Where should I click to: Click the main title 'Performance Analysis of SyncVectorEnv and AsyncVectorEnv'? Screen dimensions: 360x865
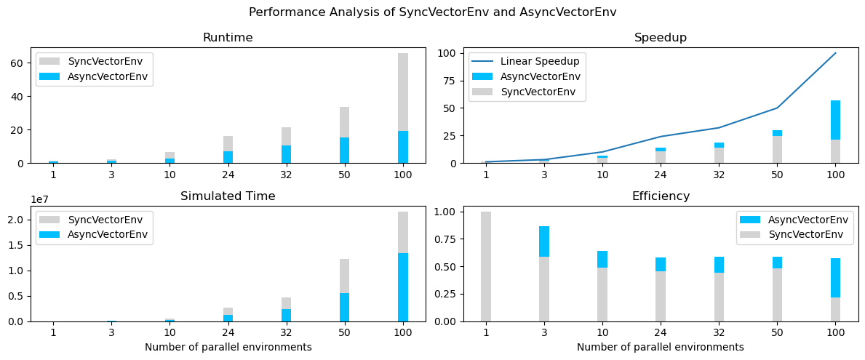(x=432, y=12)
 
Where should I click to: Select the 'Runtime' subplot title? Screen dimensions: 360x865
(x=228, y=38)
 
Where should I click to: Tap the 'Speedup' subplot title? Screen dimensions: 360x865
(x=660, y=38)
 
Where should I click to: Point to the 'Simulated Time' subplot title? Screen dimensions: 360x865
(x=228, y=196)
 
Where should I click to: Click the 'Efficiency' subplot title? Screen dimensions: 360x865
(x=660, y=196)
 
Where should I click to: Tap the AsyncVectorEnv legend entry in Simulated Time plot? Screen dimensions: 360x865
(x=108, y=234)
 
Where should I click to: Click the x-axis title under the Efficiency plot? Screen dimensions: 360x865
(x=660, y=348)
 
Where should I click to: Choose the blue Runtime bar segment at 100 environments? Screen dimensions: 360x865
(x=402, y=147)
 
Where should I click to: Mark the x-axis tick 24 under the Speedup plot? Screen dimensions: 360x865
(x=660, y=175)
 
